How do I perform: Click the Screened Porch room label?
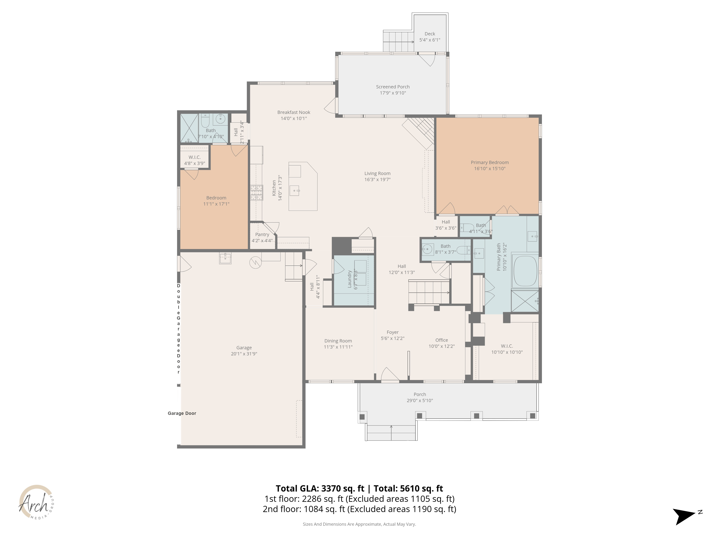tap(393, 87)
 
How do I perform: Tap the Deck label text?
tap(430, 34)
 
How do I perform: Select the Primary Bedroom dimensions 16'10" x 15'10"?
tap(490, 169)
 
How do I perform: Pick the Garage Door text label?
tap(182, 413)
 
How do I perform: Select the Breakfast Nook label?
tap(294, 112)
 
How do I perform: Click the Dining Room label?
tap(338, 341)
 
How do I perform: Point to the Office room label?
tap(441, 340)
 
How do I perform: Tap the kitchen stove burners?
tap(257, 193)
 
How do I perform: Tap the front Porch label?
tap(420, 394)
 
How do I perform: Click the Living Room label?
tap(377, 174)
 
